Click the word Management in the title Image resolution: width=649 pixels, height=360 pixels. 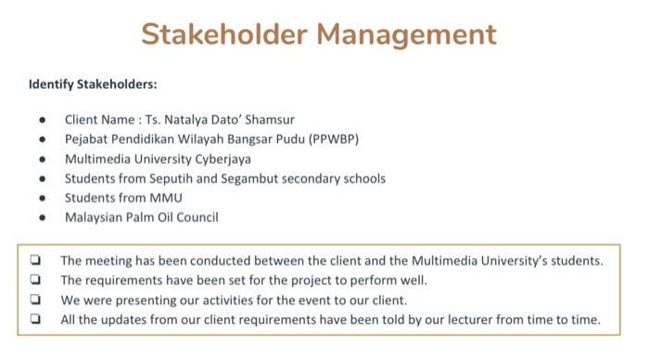[406, 34]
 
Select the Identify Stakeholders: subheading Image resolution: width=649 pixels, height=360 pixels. [93, 84]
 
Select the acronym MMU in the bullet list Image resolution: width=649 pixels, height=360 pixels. [165, 198]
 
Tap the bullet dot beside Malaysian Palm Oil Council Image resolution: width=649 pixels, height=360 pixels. [43, 218]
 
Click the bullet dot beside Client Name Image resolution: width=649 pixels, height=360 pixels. [43, 120]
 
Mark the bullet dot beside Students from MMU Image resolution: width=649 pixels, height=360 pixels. [43, 199]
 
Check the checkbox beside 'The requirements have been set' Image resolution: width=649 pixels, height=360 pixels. [35, 279]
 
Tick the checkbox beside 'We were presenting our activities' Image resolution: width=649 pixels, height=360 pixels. [35, 300]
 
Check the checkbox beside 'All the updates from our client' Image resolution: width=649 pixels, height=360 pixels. [35, 319]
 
